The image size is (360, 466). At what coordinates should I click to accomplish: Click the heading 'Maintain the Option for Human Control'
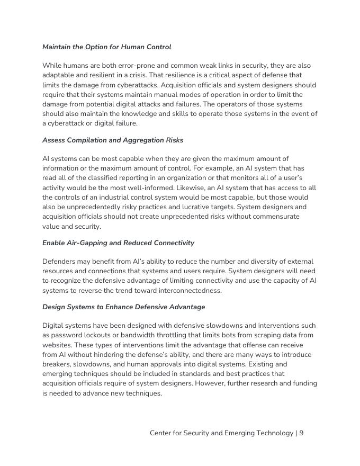pos(106,47)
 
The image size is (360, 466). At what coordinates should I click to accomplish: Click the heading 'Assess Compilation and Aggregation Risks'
pos(113,140)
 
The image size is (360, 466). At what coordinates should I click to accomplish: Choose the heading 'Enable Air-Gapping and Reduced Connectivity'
pos(118,243)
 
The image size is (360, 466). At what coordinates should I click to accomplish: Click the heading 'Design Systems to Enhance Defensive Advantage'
pos(123,307)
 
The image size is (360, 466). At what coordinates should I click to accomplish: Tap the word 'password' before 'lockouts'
pos(67,335)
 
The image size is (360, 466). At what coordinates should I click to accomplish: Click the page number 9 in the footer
pos(301,433)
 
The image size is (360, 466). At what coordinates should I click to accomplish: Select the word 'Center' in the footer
pos(161,433)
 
